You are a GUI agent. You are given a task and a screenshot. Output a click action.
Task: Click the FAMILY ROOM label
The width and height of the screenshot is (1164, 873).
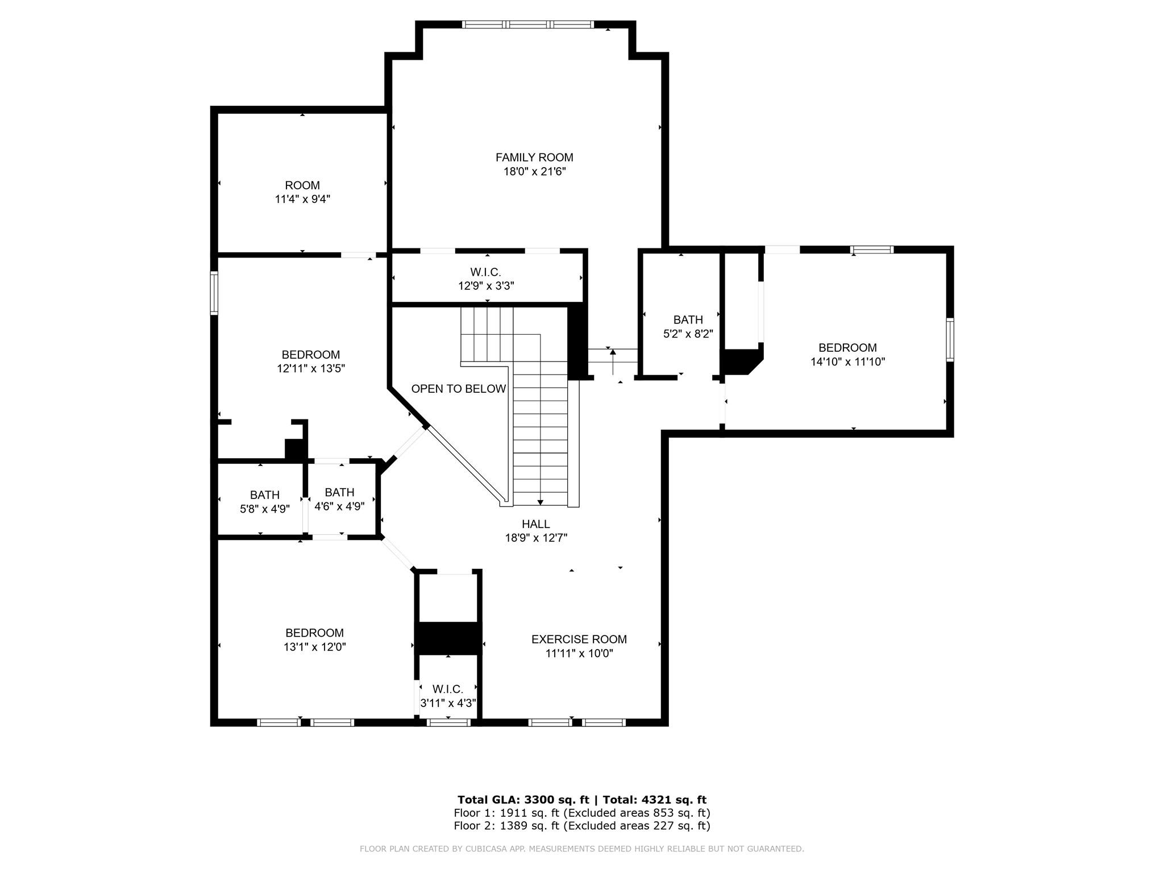[x=534, y=157]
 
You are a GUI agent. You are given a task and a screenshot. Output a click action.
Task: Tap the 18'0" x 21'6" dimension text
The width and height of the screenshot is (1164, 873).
[x=535, y=171]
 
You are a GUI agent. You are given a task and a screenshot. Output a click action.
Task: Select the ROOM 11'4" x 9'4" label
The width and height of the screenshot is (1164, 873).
[x=302, y=192]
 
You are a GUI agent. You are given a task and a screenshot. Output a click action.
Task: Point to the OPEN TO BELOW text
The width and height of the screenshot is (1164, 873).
[x=459, y=389]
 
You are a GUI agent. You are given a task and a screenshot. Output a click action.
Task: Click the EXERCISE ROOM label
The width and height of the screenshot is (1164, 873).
[x=579, y=639]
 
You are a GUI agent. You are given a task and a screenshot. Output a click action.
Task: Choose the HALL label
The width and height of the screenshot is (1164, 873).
[x=536, y=524]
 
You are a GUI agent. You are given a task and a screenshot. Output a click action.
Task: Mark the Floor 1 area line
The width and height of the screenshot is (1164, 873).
[x=582, y=813]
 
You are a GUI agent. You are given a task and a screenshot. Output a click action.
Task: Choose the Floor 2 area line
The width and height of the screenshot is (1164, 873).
[x=582, y=826]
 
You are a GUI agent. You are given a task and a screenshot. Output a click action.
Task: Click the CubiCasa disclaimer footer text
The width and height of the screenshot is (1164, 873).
[x=582, y=849]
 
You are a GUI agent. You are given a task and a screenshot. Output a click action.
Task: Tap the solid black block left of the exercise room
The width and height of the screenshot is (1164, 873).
[x=448, y=638]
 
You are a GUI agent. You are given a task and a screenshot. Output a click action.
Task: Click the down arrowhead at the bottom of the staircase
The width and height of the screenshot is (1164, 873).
[x=540, y=502]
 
